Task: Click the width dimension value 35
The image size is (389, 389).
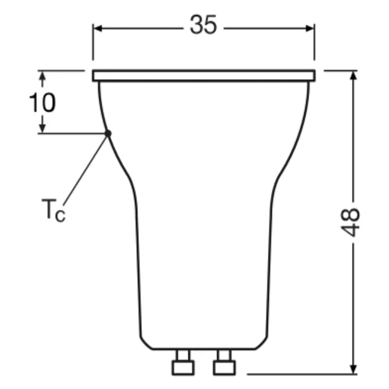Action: [203, 25]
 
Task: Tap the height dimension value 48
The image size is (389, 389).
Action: [350, 222]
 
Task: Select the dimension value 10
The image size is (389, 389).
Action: [42, 103]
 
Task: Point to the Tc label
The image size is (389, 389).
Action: [54, 210]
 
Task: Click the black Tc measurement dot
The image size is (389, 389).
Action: [108, 133]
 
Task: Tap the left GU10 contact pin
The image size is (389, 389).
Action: [183, 362]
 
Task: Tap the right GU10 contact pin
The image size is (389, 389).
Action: [224, 362]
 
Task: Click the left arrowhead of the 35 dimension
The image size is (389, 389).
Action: [97, 29]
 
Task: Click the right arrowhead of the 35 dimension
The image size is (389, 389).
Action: [310, 29]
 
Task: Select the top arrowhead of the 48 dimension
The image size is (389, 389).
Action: [353, 76]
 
